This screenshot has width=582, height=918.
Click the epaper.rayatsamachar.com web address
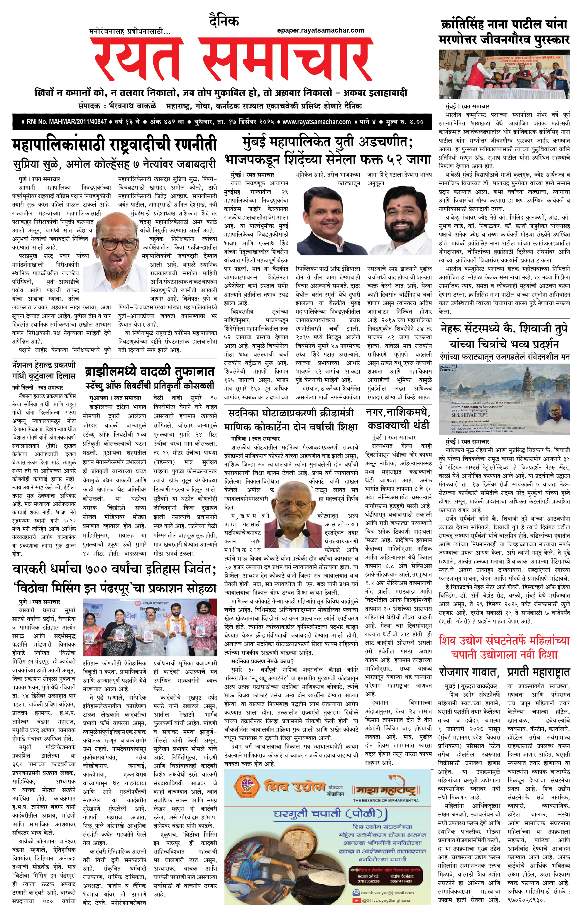(320, 31)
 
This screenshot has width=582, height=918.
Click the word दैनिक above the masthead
(224, 21)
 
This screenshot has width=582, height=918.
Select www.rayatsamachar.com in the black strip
(316, 122)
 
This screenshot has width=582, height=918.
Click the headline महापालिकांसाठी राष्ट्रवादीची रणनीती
(114, 145)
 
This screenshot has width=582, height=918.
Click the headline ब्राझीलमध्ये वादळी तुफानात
(150, 371)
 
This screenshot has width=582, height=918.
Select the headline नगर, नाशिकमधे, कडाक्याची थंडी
(398, 418)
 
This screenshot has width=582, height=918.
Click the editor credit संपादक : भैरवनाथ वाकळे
(117, 106)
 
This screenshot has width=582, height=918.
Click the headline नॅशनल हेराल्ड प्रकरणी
(44, 365)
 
